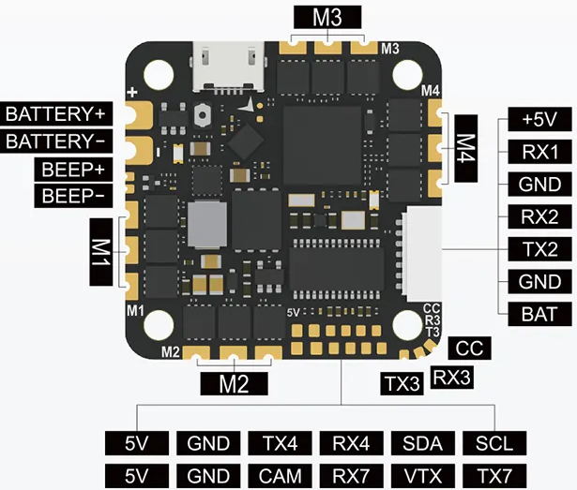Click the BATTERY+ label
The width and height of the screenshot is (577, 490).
click(56, 114)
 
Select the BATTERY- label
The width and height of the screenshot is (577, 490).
click(56, 141)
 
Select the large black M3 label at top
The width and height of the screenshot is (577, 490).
click(321, 16)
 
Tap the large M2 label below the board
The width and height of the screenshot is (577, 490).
click(233, 383)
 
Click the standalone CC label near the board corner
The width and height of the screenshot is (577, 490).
click(468, 349)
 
